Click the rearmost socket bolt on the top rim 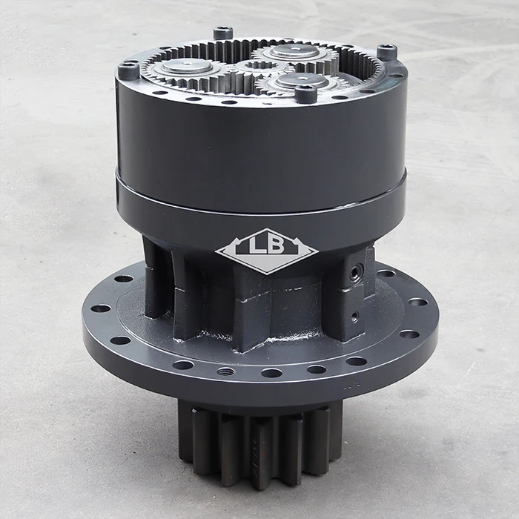pos(223,33)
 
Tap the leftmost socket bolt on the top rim pos(129,69)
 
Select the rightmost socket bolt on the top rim pos(386,52)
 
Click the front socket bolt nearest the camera pos(305,93)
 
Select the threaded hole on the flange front pos(225,371)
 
